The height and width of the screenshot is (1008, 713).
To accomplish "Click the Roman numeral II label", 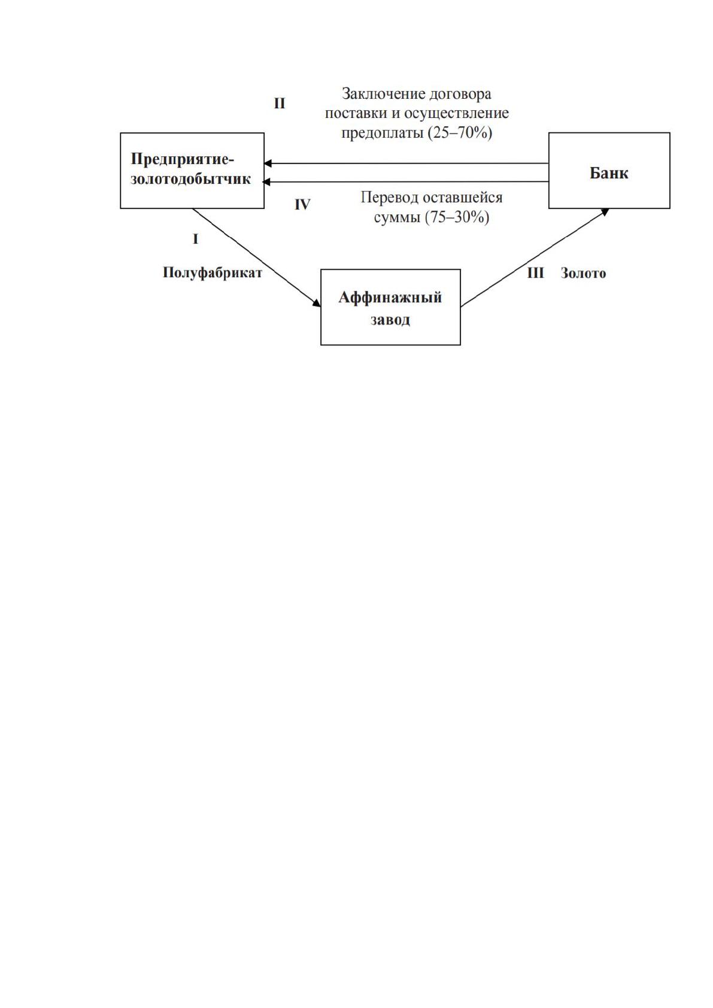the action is [280, 104].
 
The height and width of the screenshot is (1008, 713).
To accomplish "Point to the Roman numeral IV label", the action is [302, 205].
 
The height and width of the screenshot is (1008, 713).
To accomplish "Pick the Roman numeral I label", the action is [195, 239].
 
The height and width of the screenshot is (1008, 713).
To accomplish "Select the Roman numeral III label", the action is [535, 273].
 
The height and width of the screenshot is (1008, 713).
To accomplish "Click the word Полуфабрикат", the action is [212, 273].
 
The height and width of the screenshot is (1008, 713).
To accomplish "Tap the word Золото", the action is [583, 273].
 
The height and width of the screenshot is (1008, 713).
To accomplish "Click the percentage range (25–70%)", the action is [460, 133].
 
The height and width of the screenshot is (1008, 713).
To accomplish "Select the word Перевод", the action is [390, 198].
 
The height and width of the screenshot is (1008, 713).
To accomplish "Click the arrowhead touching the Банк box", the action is [605, 211].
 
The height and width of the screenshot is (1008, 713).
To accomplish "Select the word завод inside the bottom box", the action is [390, 320].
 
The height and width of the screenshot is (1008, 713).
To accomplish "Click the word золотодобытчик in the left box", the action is [190, 180].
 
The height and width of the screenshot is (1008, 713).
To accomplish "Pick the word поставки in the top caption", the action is [356, 113].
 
